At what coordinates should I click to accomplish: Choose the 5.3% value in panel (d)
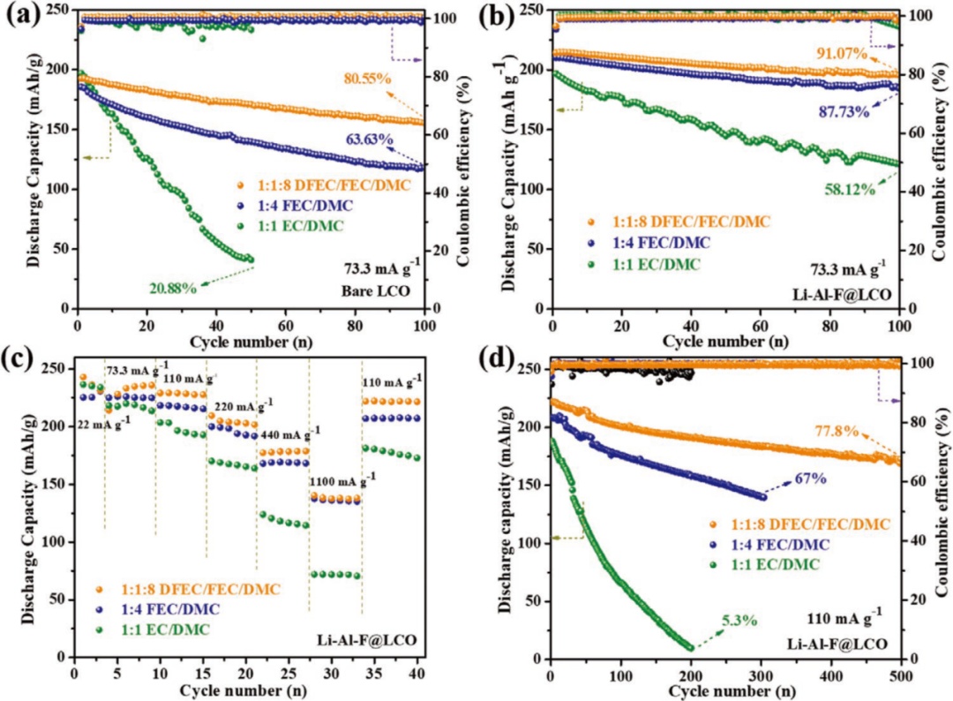point(738,620)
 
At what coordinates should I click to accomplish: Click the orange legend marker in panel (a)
point(237,185)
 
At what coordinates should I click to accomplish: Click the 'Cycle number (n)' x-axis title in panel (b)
point(725,339)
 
